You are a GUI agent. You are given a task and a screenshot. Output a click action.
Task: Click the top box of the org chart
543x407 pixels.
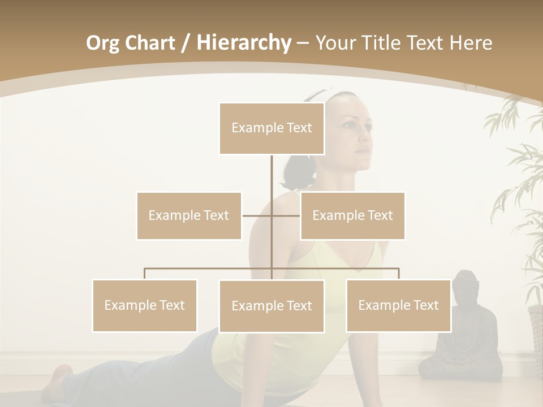271,128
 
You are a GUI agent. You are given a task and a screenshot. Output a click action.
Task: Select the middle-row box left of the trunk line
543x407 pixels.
189,215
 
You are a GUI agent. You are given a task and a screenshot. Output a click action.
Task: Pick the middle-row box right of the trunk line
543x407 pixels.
352,215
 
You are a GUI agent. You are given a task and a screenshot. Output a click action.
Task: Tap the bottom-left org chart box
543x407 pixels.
145,305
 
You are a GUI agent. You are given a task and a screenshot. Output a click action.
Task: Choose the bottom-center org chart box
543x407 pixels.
271,306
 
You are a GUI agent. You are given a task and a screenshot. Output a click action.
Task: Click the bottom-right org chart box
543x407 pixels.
398,305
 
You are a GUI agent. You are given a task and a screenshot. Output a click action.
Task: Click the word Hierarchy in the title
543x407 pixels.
243,42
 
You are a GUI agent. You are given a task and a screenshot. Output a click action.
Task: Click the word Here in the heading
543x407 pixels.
471,42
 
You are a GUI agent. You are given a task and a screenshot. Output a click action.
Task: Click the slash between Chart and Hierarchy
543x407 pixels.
186,43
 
